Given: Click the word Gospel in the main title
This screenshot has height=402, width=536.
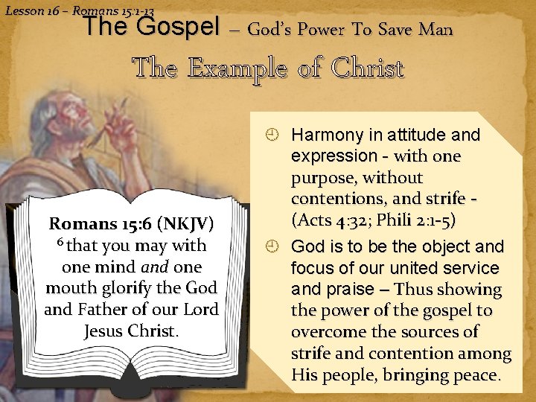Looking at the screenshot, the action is click(178, 28).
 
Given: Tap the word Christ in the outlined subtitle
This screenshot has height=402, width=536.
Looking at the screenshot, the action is click(368, 68).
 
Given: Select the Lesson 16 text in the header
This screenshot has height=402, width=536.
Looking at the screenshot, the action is click(33, 11).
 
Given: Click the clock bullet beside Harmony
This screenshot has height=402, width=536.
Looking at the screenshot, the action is click(272, 135).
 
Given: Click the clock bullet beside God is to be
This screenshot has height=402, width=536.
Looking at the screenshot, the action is click(272, 246).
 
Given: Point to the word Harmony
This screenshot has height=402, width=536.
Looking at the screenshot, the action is click(327, 135).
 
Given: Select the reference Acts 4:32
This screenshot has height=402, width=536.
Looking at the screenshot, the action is click(329, 220).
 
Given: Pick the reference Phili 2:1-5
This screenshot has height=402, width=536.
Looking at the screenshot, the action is click(416, 220).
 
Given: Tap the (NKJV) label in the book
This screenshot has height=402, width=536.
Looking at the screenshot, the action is click(185, 223).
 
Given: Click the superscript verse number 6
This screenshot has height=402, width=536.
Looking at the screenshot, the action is click(60, 241).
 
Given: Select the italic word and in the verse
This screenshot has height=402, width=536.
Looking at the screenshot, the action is click(155, 267).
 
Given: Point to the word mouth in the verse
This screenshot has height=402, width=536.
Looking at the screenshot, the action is click(71, 288).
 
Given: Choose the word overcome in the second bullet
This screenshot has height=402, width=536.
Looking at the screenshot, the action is click(328, 332).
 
